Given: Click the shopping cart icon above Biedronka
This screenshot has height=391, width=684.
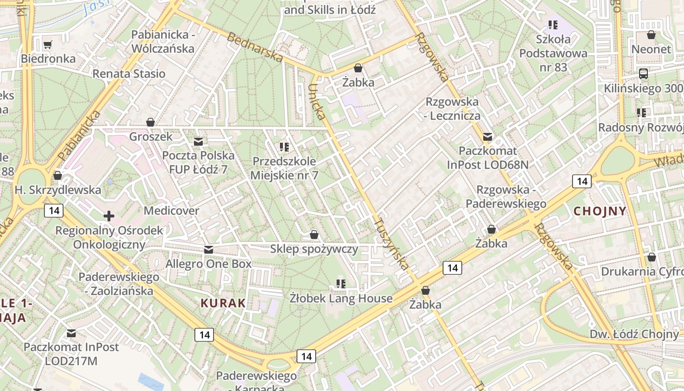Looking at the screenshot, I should click(47, 45).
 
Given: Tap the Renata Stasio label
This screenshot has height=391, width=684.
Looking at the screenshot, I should click(129, 74).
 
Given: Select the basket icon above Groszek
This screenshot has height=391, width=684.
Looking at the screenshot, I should click(150, 122).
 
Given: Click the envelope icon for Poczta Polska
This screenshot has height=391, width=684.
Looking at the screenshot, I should click(198, 142).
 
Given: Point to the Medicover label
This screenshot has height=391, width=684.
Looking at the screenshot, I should click(171, 211).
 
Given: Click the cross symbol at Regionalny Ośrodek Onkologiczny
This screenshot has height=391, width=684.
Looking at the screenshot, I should click(109, 216).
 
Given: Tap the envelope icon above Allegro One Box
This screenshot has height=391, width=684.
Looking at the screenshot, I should click(209, 250).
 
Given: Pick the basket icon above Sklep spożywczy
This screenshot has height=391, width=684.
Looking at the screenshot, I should click(314, 235).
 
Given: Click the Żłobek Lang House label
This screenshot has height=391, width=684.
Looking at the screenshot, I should click(341, 298).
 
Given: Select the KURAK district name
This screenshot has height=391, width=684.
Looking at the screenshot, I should click(223, 303).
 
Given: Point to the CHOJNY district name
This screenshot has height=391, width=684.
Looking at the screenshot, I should click(600, 211).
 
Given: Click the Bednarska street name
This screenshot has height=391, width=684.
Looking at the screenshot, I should click(255, 47).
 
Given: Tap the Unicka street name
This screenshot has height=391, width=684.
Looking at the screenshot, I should click(317, 102).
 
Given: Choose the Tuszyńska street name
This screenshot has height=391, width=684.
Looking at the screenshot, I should click(391, 243).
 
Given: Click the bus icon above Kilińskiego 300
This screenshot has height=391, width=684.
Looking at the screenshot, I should click(643, 74).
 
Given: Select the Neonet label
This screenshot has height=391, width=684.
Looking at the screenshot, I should click(651, 49).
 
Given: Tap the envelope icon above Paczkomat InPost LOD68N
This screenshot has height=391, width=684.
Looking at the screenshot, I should click(487, 137).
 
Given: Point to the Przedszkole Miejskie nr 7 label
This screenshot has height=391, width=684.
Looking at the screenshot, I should click(284, 168).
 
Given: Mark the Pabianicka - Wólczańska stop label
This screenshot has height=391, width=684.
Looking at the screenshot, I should click(163, 42).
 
